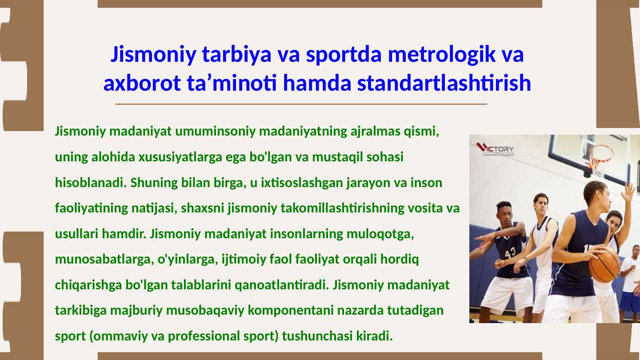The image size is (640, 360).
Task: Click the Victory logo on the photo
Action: point(495,149)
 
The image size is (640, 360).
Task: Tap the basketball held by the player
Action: point(604,264)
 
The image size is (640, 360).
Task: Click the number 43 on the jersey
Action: point(510,252)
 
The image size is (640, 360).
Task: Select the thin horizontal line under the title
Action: point(301,104)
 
